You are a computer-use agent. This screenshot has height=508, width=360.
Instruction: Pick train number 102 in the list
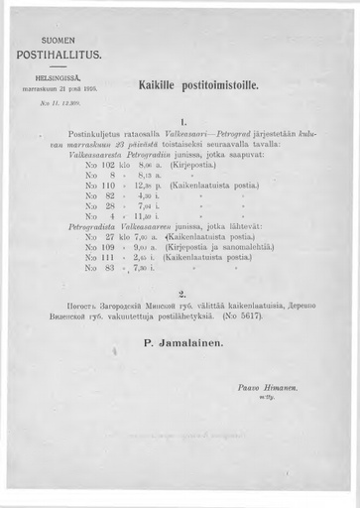[x=108, y=168]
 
